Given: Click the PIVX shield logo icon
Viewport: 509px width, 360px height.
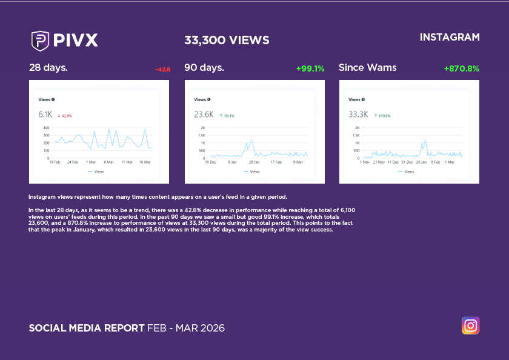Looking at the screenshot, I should (x=40, y=40).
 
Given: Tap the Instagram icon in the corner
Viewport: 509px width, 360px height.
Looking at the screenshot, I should (x=470, y=325).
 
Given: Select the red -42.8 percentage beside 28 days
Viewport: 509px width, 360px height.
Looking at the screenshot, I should (x=162, y=70).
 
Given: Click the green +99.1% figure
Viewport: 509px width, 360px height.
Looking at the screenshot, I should (x=310, y=68).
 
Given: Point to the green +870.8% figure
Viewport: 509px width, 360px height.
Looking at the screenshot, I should (x=461, y=68).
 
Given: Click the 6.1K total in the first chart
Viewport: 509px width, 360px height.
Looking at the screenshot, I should (x=45, y=115).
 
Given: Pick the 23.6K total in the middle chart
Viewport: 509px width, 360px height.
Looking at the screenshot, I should (x=204, y=115).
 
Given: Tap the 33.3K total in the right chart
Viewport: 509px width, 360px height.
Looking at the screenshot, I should (x=358, y=115).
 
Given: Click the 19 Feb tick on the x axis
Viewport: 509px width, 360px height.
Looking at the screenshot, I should (x=55, y=162).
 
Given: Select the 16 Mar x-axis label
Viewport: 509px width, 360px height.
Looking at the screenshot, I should (x=144, y=162).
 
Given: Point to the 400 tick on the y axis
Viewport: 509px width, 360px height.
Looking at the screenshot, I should (x=46, y=128).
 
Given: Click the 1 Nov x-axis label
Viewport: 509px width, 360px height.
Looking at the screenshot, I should (x=365, y=162).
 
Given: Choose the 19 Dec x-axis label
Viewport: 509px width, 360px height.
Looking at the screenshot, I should (x=210, y=162).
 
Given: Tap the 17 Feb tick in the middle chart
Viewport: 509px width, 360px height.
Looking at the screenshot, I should (x=276, y=162).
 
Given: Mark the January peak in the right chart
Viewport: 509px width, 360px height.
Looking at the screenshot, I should (x=425, y=140).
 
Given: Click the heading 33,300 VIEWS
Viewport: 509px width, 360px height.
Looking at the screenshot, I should (x=227, y=41).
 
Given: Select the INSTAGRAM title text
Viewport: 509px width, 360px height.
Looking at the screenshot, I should (x=450, y=38).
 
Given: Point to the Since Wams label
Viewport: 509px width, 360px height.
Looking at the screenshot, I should (x=367, y=67).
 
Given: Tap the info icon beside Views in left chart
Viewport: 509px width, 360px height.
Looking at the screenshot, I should (x=53, y=99).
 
